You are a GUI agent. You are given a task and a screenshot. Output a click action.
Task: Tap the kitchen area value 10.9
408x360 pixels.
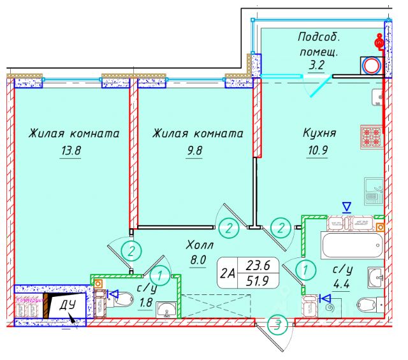316,152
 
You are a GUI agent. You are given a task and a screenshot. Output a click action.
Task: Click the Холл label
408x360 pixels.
200,245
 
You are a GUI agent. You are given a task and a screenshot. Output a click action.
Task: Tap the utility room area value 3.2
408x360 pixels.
317,64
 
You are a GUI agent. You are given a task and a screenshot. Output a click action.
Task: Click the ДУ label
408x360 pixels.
68,305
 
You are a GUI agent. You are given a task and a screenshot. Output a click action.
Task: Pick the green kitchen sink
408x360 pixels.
373,189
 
